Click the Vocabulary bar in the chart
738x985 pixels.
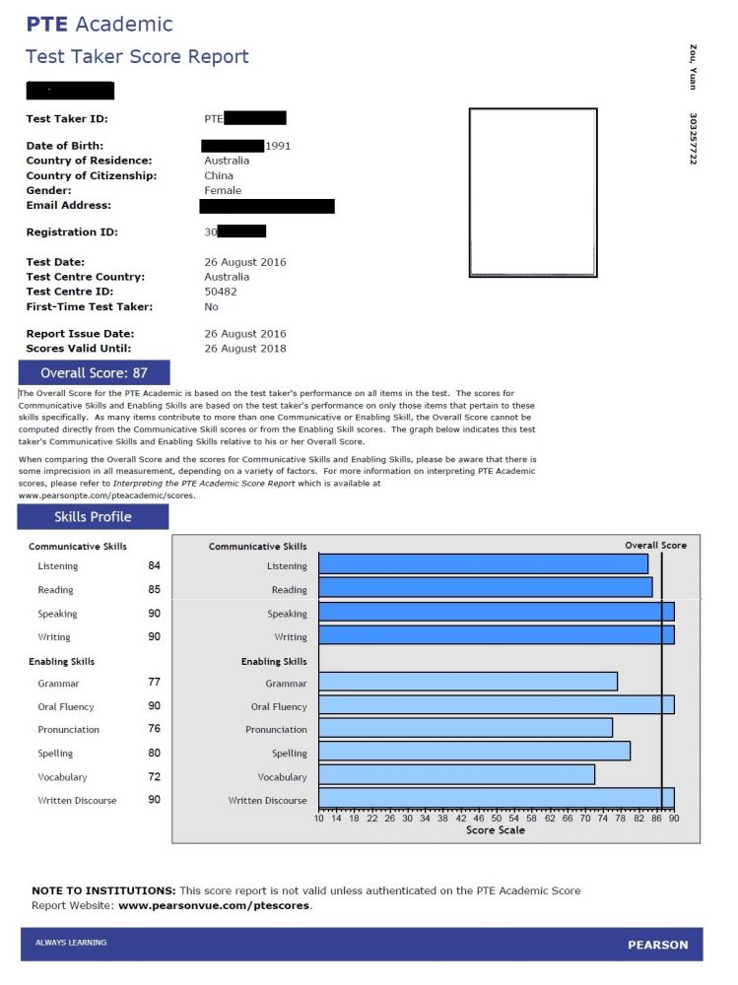456,774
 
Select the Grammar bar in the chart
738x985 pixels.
468,682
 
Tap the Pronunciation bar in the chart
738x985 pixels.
465,728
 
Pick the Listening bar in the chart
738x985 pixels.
483,564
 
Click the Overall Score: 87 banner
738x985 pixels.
94,373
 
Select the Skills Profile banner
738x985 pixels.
93,517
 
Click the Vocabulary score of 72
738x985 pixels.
154,776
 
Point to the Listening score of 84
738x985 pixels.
154,565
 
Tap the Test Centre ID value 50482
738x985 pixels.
221,292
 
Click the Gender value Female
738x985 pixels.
223,190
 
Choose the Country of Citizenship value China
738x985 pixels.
219,175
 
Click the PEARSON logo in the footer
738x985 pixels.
658,946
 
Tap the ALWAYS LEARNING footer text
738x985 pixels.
71,943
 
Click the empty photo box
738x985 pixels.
532,193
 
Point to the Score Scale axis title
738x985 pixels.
496,830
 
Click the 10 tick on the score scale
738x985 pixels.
318,819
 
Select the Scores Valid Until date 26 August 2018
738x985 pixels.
245,349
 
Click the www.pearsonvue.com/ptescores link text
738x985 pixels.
214,905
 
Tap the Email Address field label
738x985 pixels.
68,205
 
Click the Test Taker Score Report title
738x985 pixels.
137,56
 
